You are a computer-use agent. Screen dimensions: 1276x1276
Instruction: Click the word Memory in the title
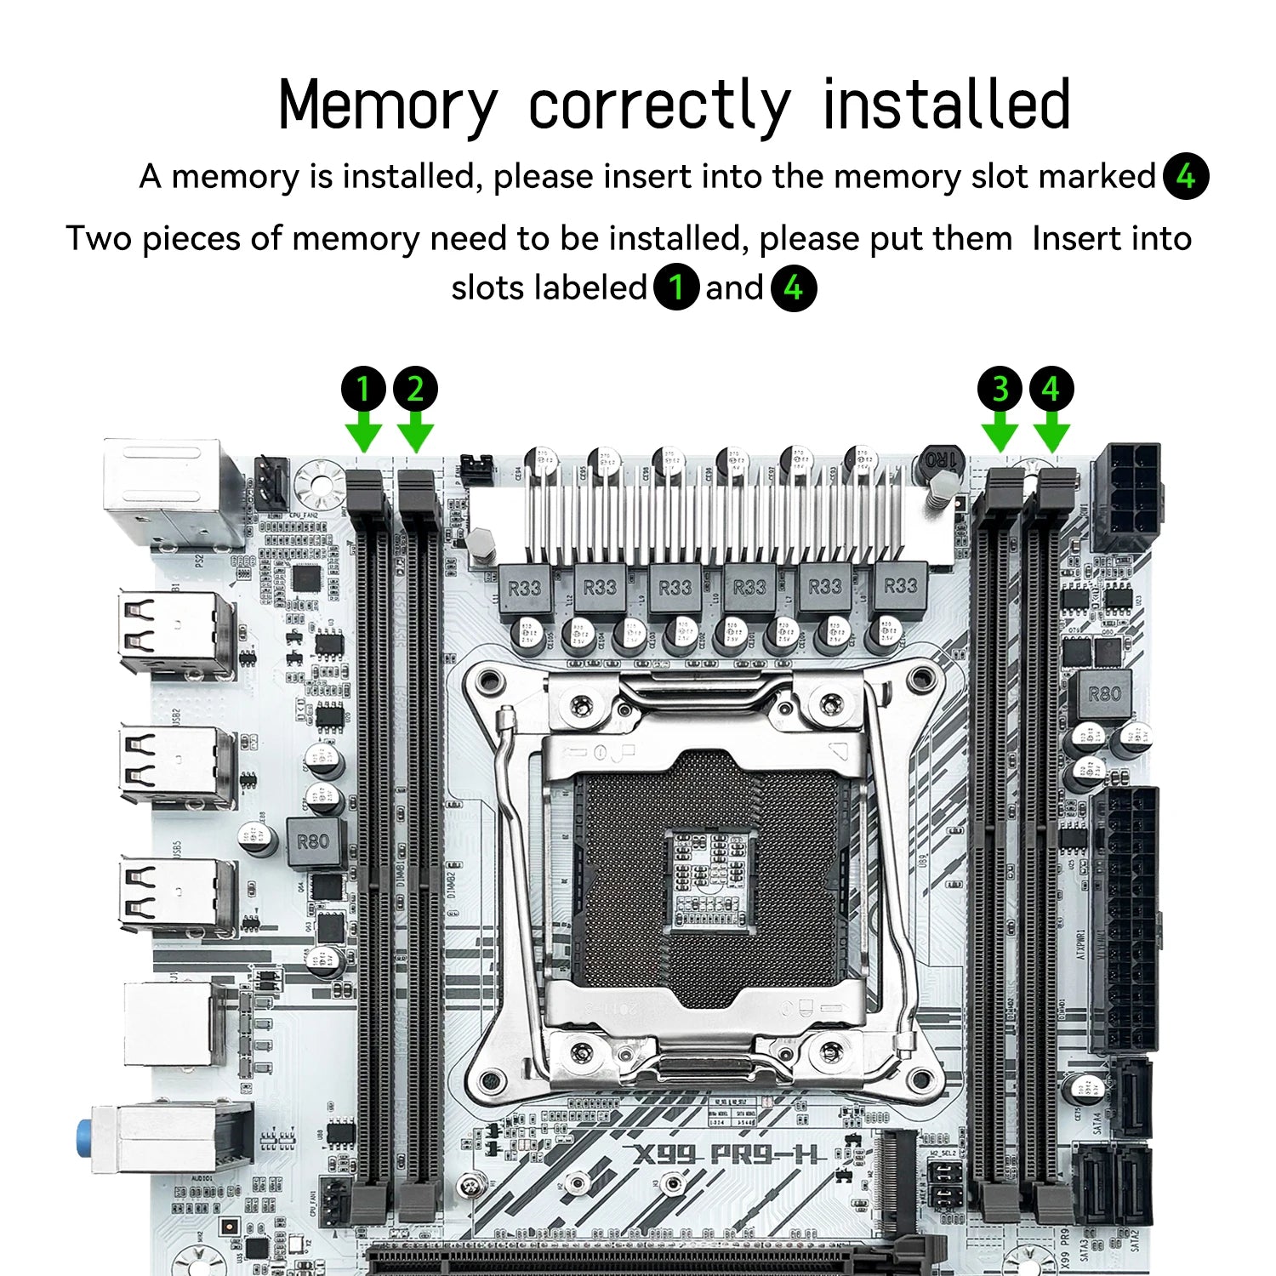(387, 105)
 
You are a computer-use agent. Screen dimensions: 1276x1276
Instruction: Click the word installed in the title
(946, 105)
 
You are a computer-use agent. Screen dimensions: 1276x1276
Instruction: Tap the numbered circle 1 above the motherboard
(364, 390)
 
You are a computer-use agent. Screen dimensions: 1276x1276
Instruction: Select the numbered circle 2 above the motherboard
(415, 390)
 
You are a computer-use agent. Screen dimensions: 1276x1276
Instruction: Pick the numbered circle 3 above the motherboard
(1000, 390)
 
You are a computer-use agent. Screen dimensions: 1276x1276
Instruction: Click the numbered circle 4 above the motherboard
(1051, 390)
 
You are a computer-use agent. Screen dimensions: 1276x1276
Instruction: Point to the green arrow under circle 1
(364, 432)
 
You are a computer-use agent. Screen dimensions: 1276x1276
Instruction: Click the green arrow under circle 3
(1000, 432)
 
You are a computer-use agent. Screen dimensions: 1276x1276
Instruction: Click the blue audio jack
(84, 1137)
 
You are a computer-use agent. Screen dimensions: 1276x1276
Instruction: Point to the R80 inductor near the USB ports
(313, 842)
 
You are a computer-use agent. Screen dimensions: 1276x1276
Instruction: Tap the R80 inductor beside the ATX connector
(1103, 694)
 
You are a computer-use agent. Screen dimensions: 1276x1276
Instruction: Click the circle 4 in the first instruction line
(1186, 177)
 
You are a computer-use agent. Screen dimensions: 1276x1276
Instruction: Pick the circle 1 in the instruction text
(676, 288)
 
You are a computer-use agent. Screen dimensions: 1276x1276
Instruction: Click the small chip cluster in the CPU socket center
(708, 876)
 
